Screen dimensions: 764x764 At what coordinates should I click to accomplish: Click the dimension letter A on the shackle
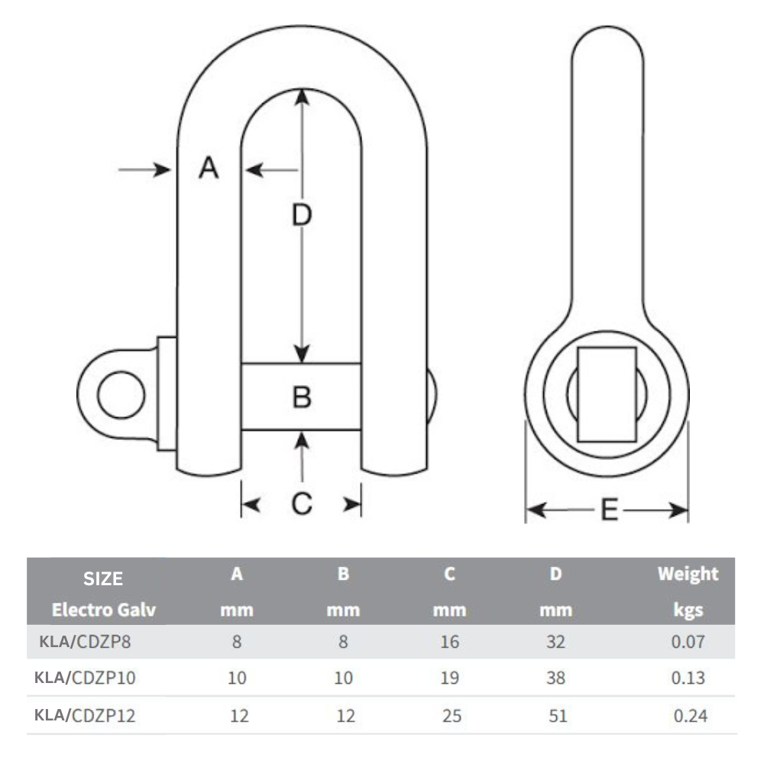(x=209, y=167)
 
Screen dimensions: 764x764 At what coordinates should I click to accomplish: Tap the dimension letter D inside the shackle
(x=303, y=216)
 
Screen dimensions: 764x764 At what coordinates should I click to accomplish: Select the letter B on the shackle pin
(x=303, y=397)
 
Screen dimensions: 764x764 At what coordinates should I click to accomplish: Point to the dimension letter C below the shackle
(x=303, y=503)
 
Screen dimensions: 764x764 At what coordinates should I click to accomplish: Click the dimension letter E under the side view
(x=609, y=510)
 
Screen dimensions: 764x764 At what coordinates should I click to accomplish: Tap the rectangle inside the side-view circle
(x=607, y=394)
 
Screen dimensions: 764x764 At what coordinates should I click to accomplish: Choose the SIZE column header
(x=103, y=578)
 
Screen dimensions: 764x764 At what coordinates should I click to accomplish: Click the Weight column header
(x=688, y=574)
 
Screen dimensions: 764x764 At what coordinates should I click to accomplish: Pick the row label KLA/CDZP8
(x=84, y=642)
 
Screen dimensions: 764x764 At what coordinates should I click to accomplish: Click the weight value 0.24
(x=690, y=716)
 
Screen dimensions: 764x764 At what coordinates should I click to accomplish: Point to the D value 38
(x=556, y=678)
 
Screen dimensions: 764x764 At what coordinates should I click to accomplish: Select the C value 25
(x=451, y=716)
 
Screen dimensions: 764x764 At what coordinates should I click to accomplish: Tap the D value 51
(x=558, y=716)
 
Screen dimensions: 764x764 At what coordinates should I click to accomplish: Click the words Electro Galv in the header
(x=104, y=610)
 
